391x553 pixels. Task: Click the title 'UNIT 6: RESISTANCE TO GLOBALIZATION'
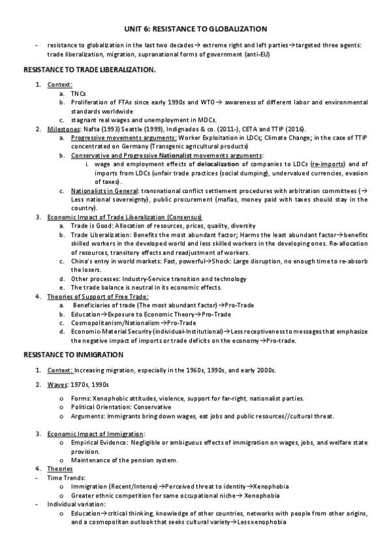pos(195,29)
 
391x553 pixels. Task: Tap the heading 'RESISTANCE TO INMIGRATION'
pos(74,355)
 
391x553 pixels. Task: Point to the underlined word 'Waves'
pos(57,383)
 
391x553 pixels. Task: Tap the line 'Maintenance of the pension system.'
pos(124,460)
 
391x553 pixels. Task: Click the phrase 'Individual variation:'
pos(75,505)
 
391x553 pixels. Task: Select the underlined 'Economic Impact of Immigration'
pos(96,434)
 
